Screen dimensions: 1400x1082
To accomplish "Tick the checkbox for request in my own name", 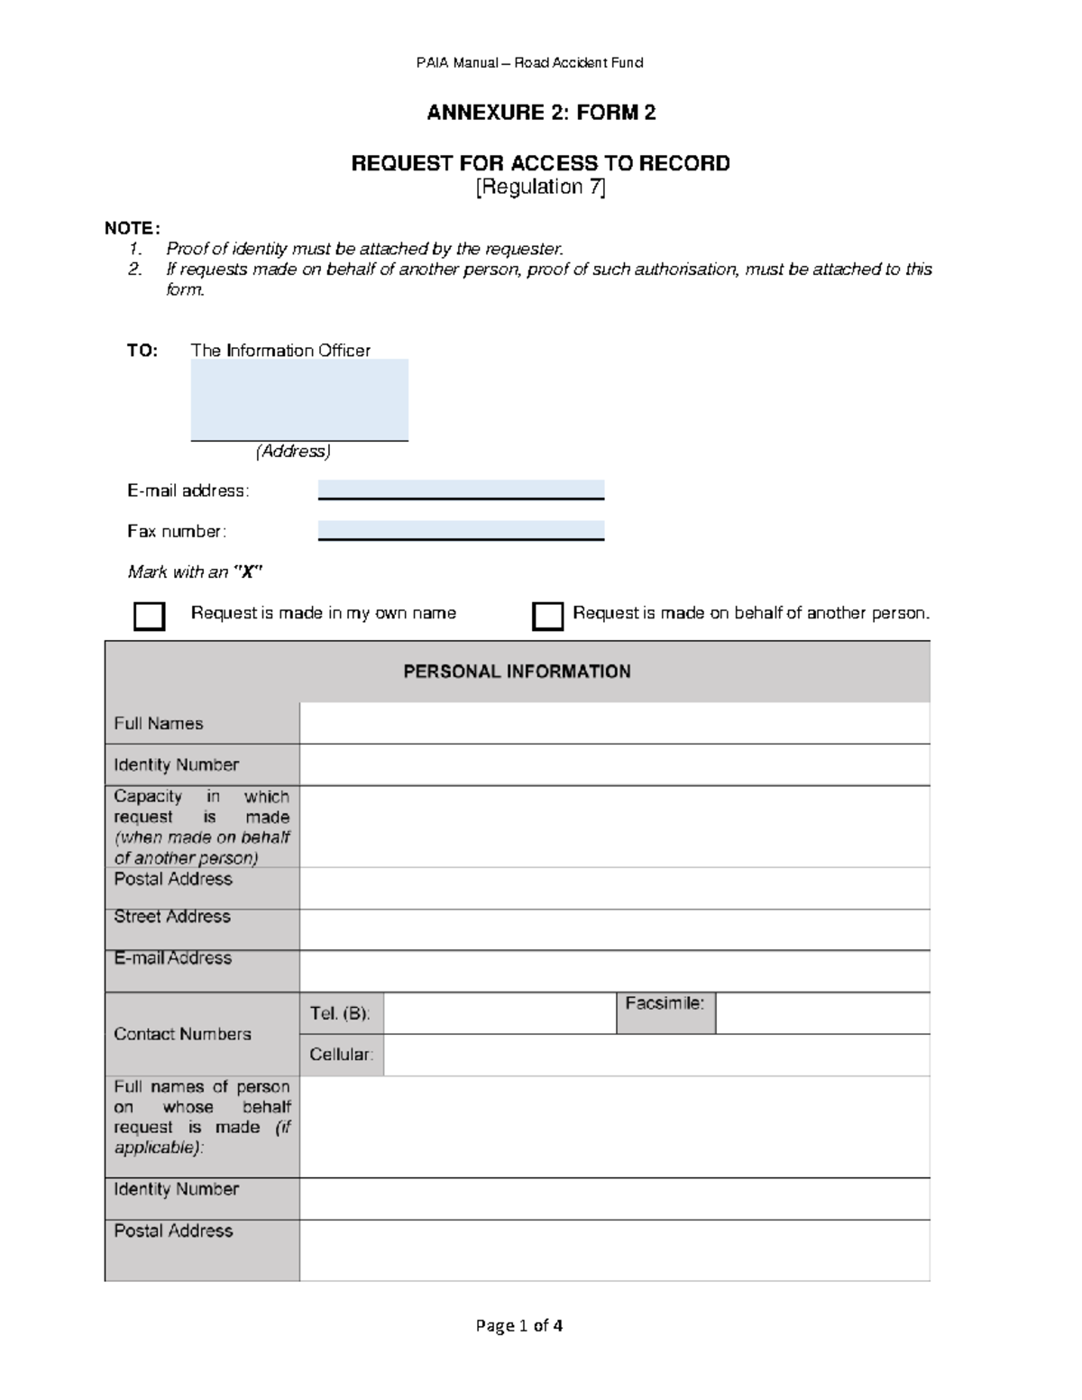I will click(149, 617).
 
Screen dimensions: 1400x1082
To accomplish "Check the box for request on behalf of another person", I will click(547, 617).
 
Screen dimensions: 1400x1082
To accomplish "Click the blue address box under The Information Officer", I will click(299, 399).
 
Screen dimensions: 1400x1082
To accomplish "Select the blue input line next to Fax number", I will click(461, 530).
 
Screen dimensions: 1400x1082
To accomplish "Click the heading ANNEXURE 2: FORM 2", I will click(541, 113).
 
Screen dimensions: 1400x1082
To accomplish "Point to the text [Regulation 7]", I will click(541, 187).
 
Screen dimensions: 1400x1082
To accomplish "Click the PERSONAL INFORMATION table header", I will click(517, 672).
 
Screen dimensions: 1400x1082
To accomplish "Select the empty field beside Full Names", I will click(614, 724).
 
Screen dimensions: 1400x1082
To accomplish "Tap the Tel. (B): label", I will click(340, 1013).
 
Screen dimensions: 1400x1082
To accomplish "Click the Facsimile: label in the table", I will click(665, 1003).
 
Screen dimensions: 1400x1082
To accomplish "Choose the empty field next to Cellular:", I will click(656, 1055).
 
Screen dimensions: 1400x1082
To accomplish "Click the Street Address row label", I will click(172, 917).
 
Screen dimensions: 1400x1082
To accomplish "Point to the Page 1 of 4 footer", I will click(519, 1325).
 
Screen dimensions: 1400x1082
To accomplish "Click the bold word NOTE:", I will click(133, 228).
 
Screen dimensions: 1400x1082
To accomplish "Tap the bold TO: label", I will click(142, 351).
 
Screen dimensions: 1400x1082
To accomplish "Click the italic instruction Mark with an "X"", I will click(195, 572).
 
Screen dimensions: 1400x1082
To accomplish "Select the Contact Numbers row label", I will click(182, 1034).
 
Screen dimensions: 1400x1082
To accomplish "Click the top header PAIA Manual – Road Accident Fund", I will click(529, 62).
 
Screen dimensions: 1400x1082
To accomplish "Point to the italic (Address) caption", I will click(293, 451).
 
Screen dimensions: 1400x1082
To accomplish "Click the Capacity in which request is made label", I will click(201, 827).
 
